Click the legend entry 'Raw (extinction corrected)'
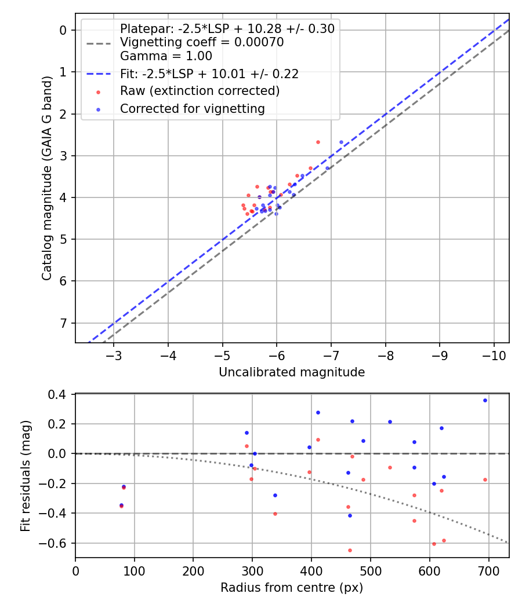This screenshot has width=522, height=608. [x=200, y=91]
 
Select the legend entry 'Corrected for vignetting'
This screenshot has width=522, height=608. [x=192, y=108]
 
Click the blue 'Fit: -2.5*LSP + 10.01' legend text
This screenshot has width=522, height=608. [x=209, y=74]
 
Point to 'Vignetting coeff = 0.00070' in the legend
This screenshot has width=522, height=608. [x=201, y=42]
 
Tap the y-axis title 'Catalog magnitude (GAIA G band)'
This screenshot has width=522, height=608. [x=47, y=178]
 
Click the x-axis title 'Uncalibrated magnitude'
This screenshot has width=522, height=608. [x=292, y=372]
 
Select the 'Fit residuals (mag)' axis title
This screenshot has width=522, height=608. [x=25, y=477]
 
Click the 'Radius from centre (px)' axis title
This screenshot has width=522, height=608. [x=292, y=588]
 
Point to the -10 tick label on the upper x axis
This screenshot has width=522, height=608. [x=494, y=354]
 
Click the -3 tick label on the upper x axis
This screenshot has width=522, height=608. [x=114, y=354]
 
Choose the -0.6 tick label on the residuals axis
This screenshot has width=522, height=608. [x=58, y=543]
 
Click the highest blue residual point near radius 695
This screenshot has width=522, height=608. [x=485, y=400]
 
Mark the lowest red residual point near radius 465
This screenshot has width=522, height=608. [x=350, y=550]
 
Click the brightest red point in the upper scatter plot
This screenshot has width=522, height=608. [x=318, y=142]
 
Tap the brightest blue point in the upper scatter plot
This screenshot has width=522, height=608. [x=341, y=142]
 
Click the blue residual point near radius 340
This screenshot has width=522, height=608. [x=275, y=495]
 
